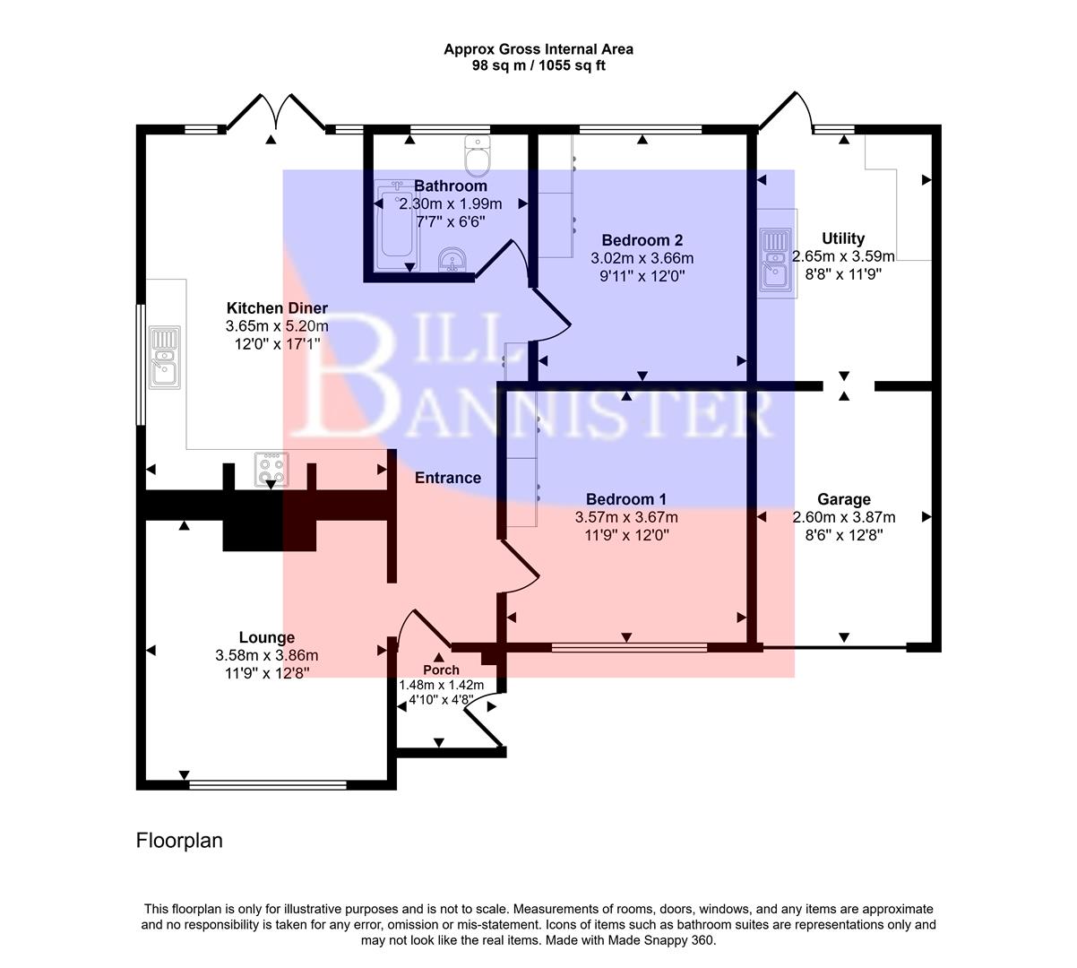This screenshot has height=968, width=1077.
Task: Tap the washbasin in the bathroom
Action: [x=452, y=261]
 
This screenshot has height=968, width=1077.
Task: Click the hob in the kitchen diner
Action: [x=272, y=469]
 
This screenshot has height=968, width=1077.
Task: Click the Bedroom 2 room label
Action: [x=642, y=240]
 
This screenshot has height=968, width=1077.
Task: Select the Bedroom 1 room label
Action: [x=625, y=499]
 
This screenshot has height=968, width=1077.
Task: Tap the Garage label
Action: [x=843, y=499]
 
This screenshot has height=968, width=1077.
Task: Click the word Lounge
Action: [x=267, y=637]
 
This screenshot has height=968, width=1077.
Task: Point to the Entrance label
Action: [x=448, y=478]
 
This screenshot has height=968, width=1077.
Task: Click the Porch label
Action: [x=441, y=670]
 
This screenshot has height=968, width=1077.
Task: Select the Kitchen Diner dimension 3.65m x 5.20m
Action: [x=277, y=325]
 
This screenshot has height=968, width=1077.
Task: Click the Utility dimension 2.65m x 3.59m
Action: [x=843, y=257]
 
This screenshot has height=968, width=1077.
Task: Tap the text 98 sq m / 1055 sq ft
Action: [x=538, y=65]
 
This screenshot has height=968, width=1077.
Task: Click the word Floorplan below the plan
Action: [x=179, y=841]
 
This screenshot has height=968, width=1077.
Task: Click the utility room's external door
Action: [x=787, y=112]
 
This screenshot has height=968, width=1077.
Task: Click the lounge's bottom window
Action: [x=268, y=785]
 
